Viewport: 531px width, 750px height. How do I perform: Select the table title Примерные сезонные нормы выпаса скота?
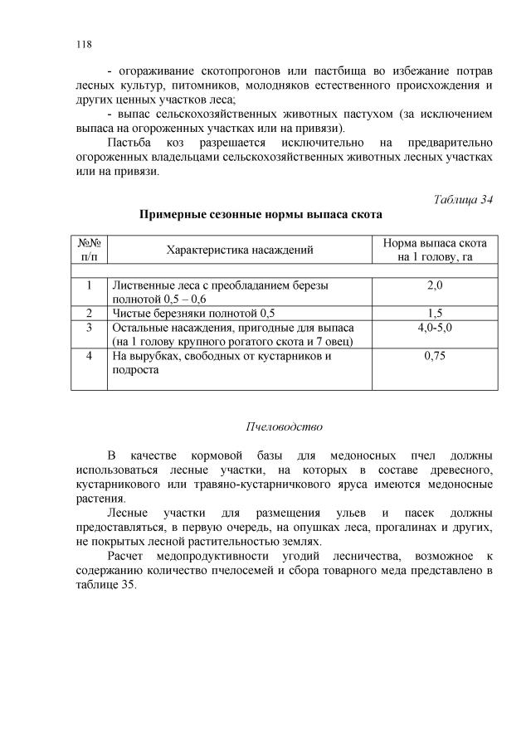(261, 215)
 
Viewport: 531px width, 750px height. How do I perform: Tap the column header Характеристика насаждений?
(240, 250)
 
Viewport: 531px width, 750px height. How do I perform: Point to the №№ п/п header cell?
(89, 250)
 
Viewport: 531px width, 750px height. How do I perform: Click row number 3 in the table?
(89, 328)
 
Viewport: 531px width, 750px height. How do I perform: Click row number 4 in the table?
(89, 356)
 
